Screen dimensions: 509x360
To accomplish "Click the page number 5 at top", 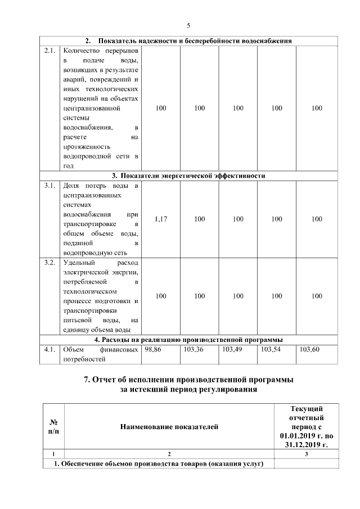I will click(x=188, y=25).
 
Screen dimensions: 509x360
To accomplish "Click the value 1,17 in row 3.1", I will click(x=161, y=219).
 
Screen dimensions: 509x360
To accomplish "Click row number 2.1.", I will click(x=49, y=51).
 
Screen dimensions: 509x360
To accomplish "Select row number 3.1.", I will click(x=49, y=185).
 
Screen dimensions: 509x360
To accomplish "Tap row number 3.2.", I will click(x=49, y=262).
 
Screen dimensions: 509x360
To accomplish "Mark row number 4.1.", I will click(x=49, y=349).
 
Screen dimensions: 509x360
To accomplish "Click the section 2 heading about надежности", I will click(x=188, y=41).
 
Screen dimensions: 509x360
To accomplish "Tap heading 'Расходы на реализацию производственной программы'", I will click(x=188, y=340).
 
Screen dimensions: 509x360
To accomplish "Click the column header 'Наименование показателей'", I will click(x=169, y=427).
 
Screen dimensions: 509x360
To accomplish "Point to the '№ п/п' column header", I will click(x=54, y=427).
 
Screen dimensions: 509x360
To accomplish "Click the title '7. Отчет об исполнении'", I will click(x=188, y=380).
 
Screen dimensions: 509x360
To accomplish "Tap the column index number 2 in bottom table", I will click(x=169, y=454).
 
